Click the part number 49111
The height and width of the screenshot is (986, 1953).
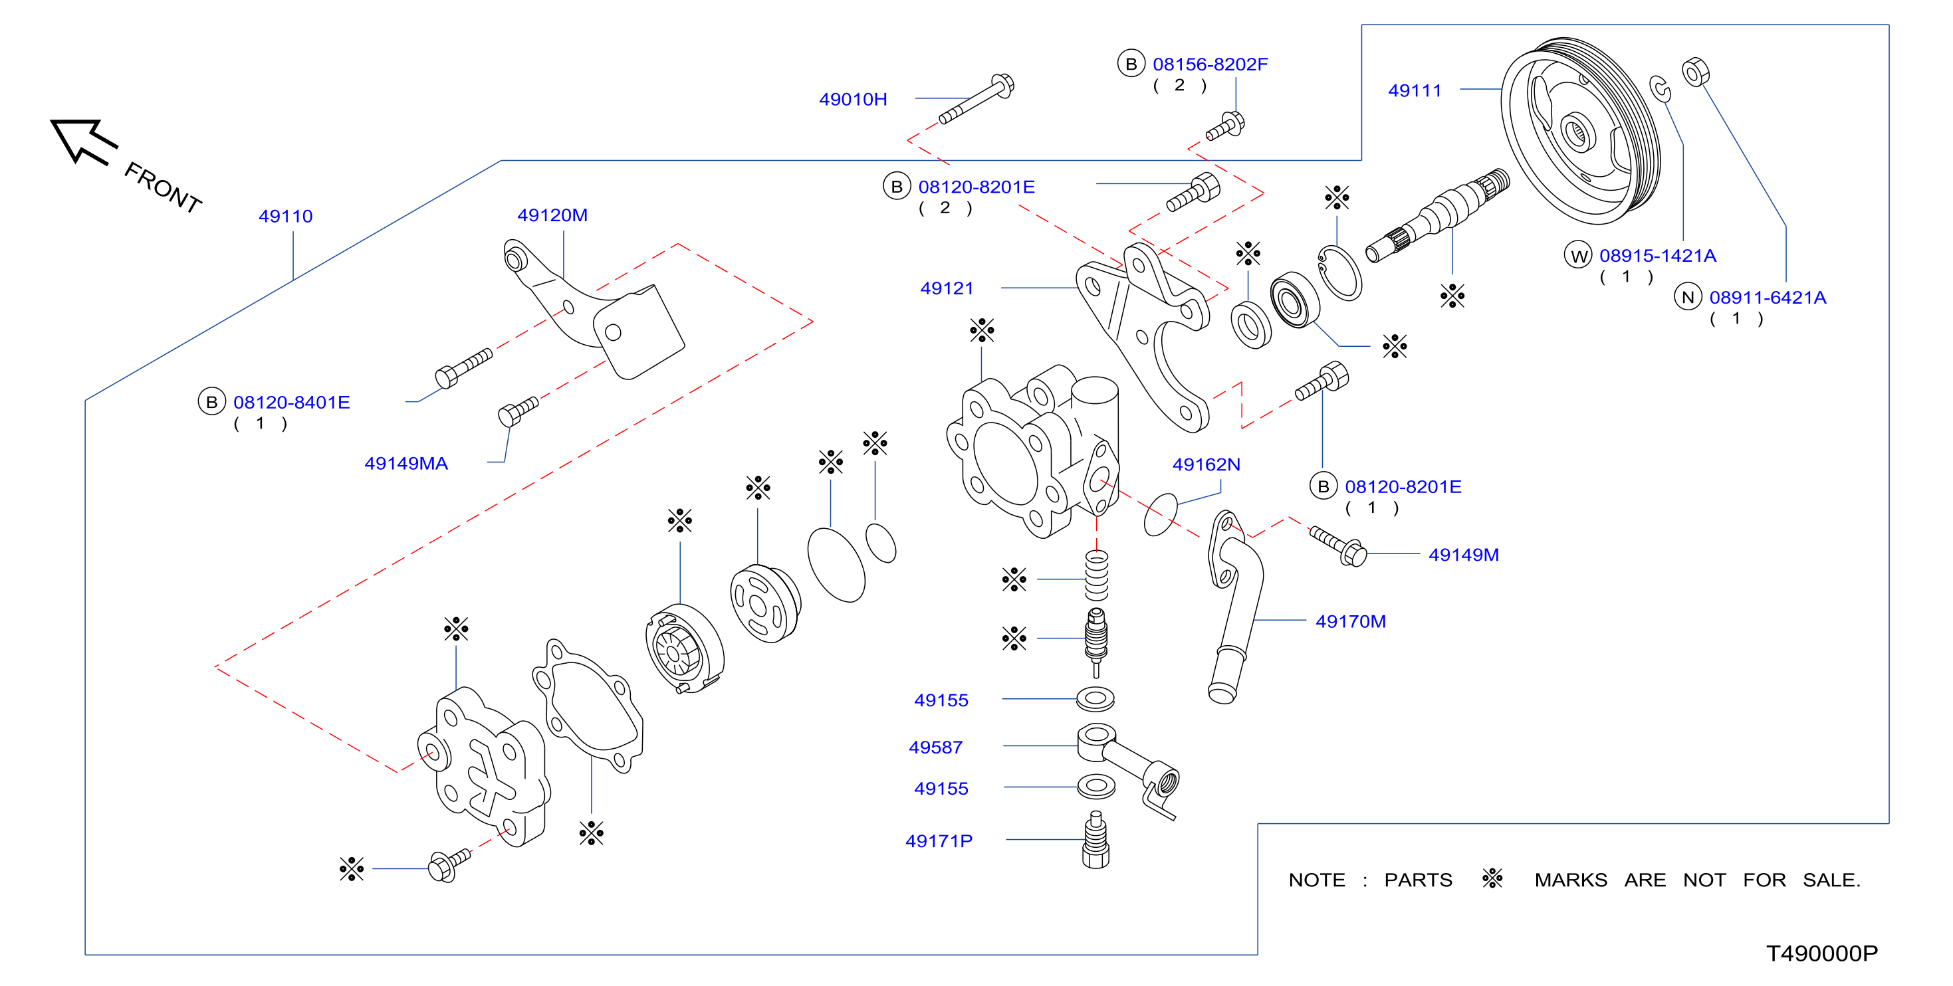[x=1414, y=91]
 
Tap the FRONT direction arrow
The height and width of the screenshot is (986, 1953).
[x=83, y=141]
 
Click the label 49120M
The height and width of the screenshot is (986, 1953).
[x=552, y=215]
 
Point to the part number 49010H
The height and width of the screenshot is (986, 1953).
[x=853, y=99]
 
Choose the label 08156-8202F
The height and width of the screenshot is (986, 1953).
[x=1210, y=64]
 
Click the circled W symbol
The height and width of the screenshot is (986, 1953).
[x=1579, y=255]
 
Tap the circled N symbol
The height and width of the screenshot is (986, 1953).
[x=1688, y=297]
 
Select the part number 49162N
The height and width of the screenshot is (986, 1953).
[x=1206, y=464]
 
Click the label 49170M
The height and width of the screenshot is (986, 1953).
[x=1350, y=621]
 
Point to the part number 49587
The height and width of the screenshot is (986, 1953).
[x=935, y=747]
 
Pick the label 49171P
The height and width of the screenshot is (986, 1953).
[x=939, y=840]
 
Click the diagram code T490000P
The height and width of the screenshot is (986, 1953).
[x=1822, y=953]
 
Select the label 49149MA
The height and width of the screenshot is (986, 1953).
[x=405, y=463]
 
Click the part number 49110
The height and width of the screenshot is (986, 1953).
[x=285, y=216]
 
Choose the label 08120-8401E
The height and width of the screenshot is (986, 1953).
[x=291, y=403]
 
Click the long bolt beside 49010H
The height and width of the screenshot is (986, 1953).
[x=977, y=98]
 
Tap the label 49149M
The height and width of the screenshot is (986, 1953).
[x=1463, y=555]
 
